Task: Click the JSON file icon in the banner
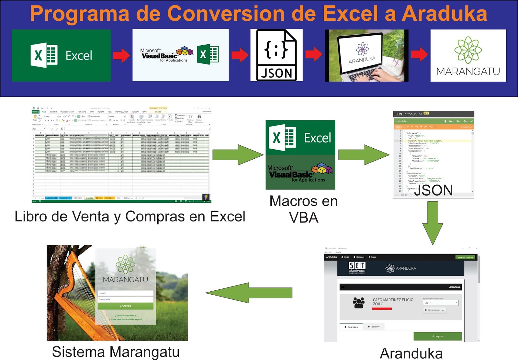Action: click(276, 55)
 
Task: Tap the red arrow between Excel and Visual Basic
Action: click(121, 55)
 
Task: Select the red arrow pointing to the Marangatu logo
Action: click(419, 54)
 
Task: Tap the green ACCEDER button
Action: click(126, 306)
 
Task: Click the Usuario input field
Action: click(126, 293)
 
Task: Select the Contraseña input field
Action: click(126, 299)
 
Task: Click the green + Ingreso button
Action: click(437, 336)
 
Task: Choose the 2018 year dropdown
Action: click(441, 303)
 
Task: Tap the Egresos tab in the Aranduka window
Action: click(374, 327)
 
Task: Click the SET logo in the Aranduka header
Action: click(357, 268)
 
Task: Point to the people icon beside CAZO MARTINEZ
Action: click(358, 302)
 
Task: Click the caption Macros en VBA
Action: click(303, 209)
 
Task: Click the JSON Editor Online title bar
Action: click(433, 114)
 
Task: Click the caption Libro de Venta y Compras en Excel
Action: click(130, 216)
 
